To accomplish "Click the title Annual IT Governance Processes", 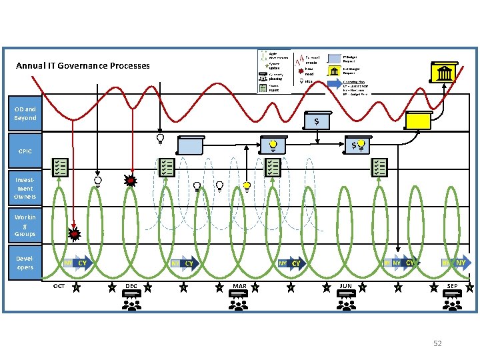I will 83,66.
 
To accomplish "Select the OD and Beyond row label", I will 25,113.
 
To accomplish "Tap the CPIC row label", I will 25,151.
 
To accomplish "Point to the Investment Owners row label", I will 25,188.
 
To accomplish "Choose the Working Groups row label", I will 25,225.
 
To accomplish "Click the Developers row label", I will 25,263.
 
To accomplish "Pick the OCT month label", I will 59,287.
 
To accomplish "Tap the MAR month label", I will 239,287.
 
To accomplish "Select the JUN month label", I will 345,287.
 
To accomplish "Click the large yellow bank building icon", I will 443,73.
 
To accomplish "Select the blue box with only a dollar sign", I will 316,121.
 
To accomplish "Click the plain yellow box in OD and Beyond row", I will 420,120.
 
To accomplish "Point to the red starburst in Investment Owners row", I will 131,180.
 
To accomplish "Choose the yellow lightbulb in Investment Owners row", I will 247,187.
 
